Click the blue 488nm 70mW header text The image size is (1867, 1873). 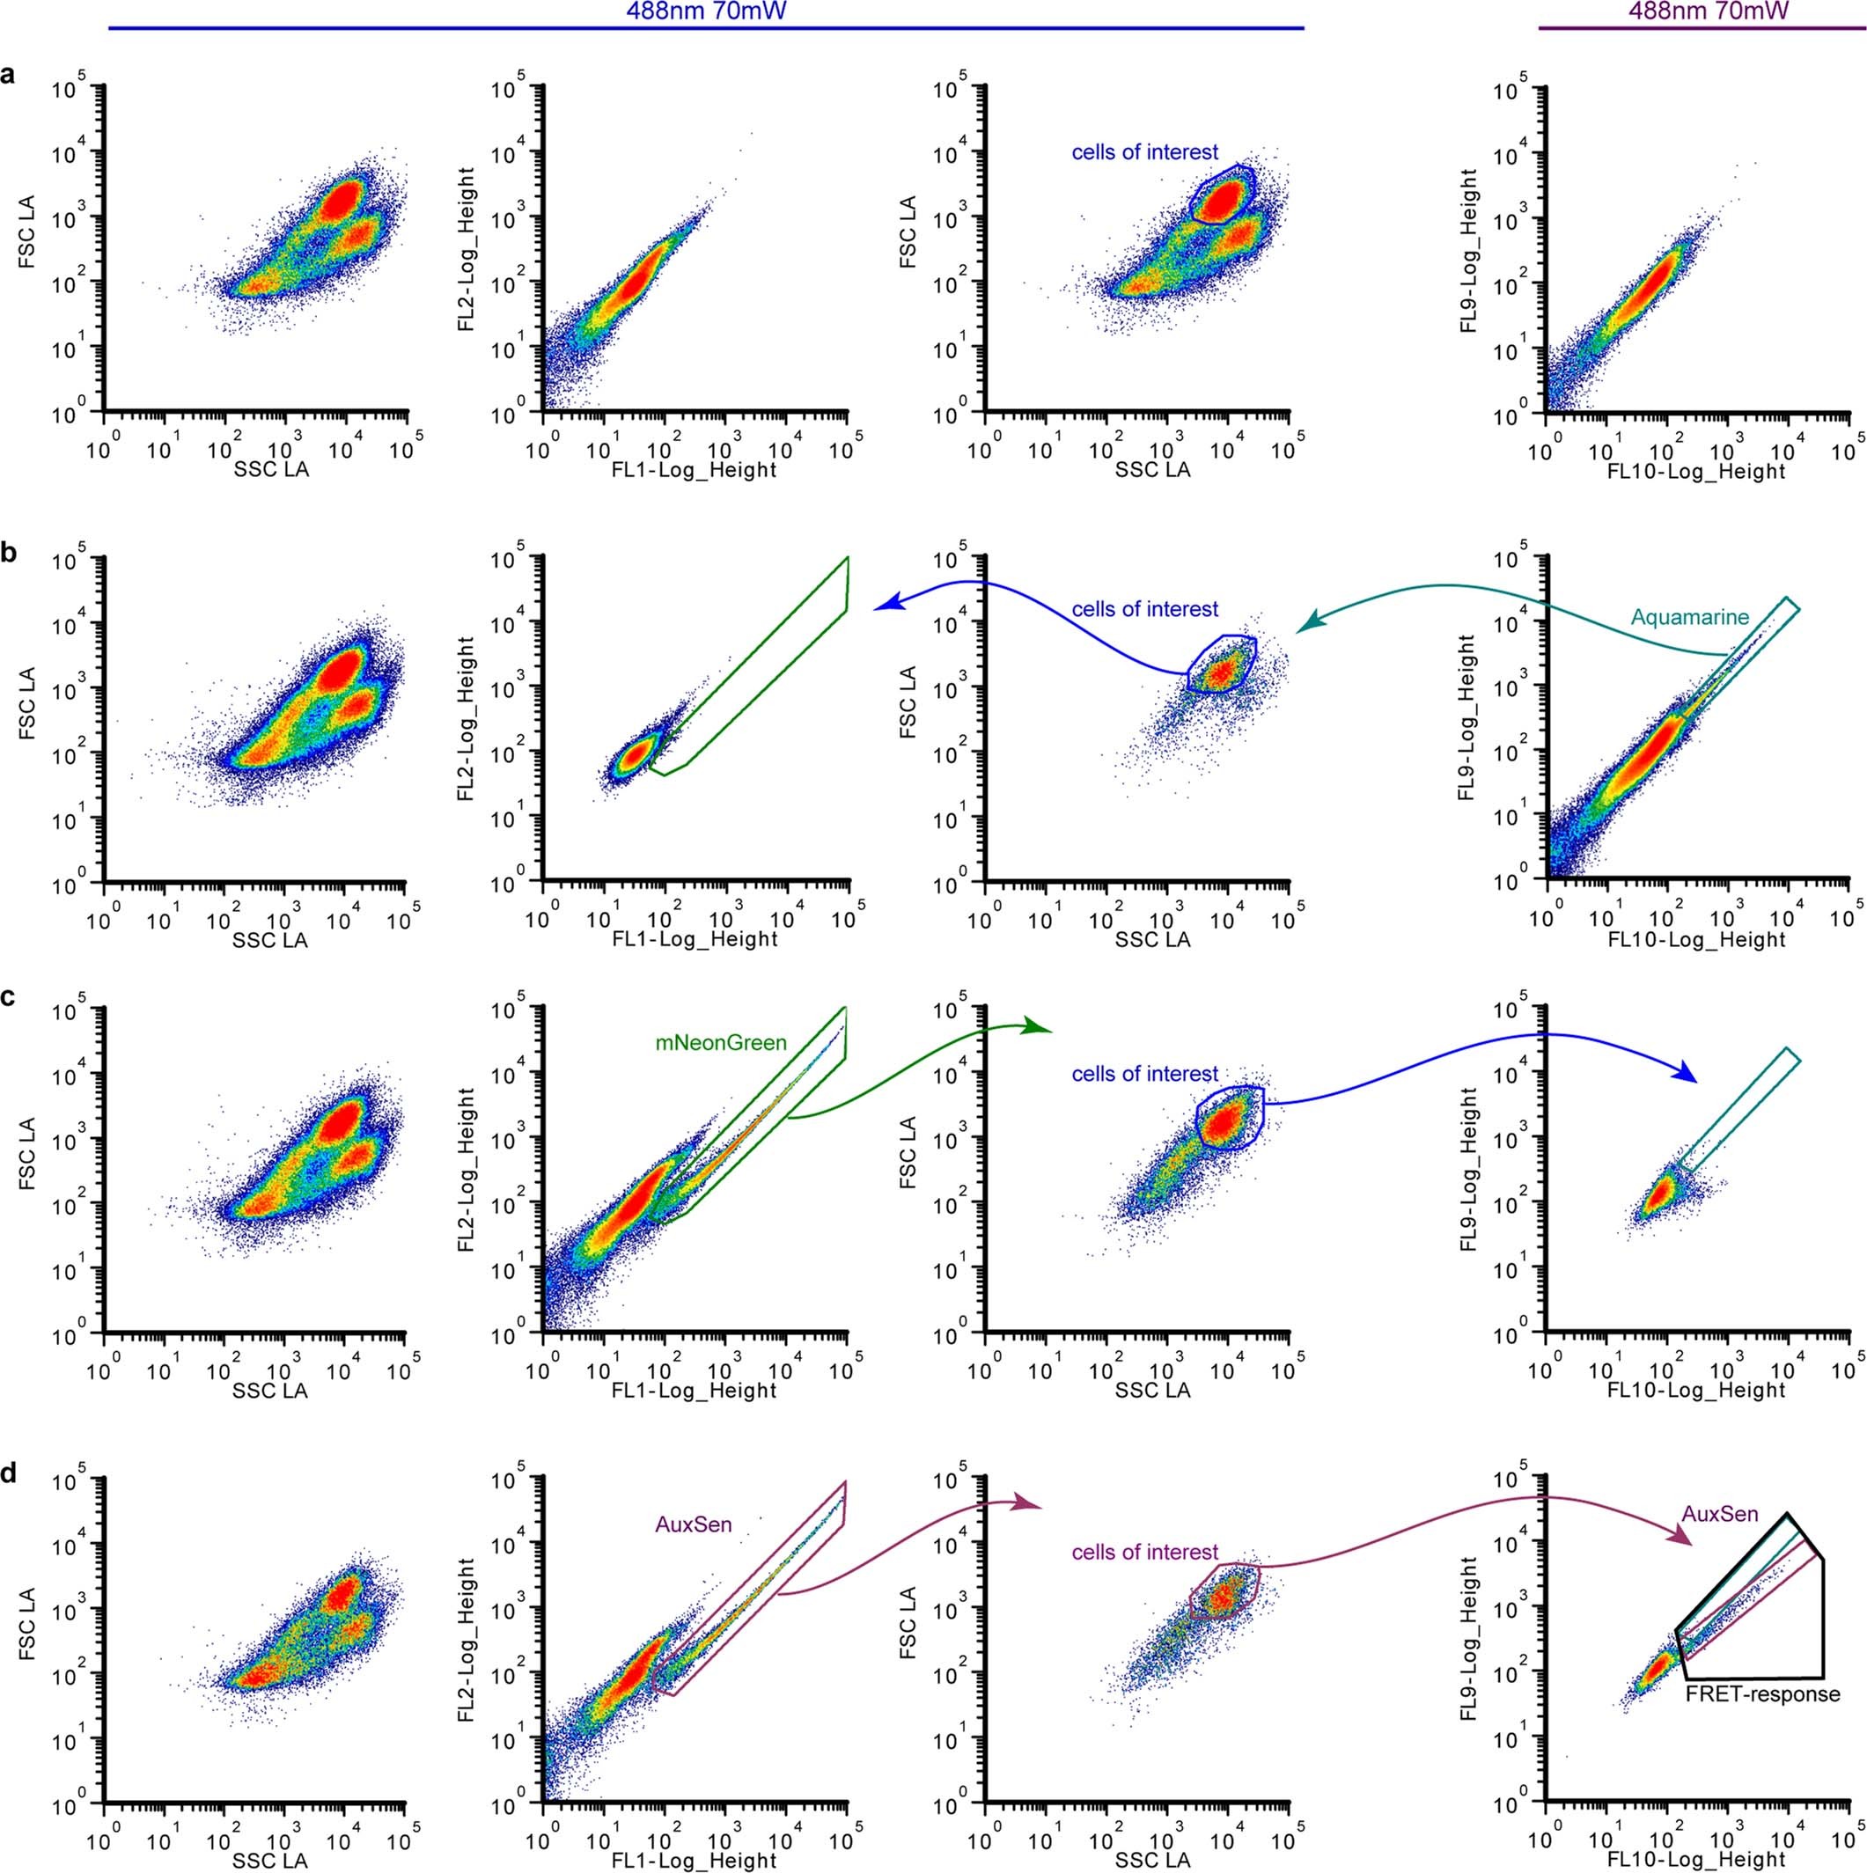(x=706, y=11)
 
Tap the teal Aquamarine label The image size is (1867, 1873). (x=1688, y=617)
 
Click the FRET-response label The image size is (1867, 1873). (x=1762, y=1722)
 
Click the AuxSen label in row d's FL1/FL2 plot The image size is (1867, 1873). (x=690, y=1526)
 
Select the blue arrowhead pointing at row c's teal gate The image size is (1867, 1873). (x=1686, y=1074)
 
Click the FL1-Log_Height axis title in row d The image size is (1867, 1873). (x=696, y=1860)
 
